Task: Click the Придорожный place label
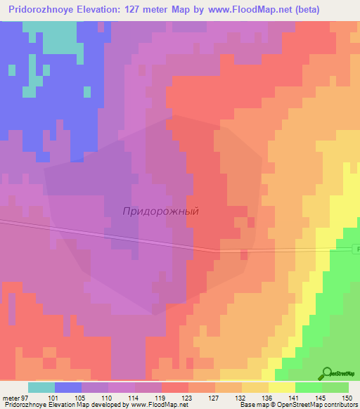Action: point(161,211)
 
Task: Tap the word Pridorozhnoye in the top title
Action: point(44,10)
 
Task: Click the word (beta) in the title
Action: point(299,10)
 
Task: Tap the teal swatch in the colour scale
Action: point(41,387)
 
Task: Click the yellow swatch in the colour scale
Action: point(282,387)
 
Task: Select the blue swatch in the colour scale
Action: point(68,387)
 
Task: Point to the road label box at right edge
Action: point(356,249)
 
